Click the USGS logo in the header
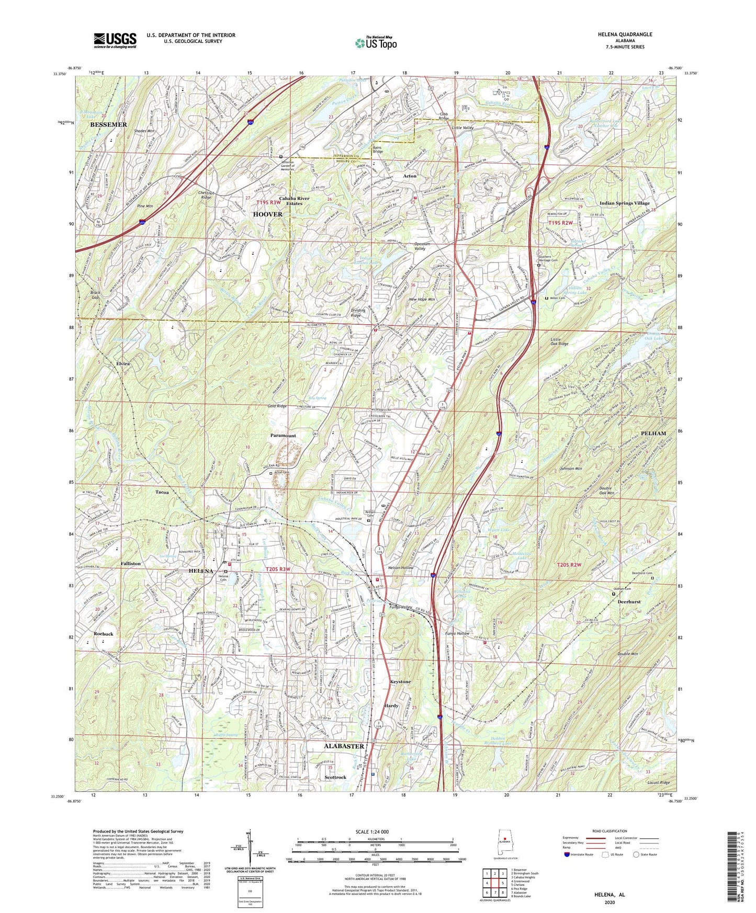115,40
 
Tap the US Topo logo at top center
375,43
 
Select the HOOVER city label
267,214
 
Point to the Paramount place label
283,436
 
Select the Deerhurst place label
629,602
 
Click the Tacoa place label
162,493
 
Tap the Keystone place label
400,682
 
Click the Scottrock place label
335,777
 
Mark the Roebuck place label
104,634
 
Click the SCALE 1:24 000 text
372,831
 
